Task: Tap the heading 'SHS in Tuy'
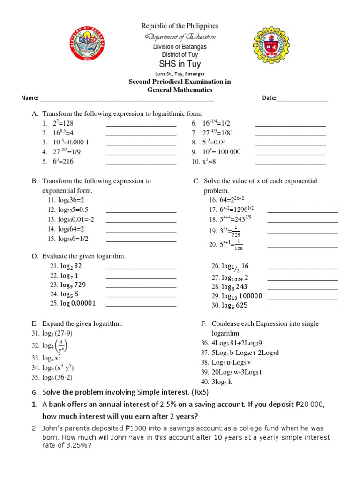180,64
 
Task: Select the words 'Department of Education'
180,37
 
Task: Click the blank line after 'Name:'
127,98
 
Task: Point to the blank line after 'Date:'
302,98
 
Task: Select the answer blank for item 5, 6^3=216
141,162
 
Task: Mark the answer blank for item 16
302,200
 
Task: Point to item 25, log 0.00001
78,303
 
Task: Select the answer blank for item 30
302,305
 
